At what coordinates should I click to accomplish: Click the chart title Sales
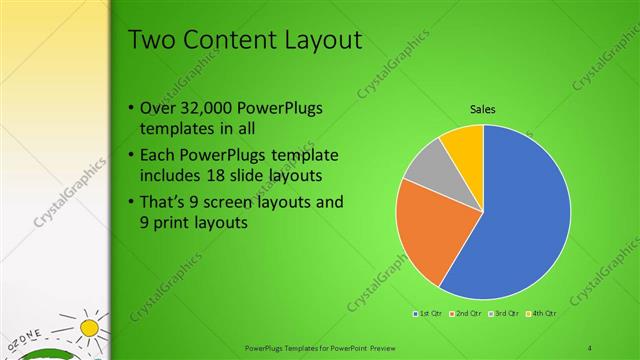pos(483,111)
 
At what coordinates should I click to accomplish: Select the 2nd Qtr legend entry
pos(465,313)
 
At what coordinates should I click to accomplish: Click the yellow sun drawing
pos(90,327)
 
